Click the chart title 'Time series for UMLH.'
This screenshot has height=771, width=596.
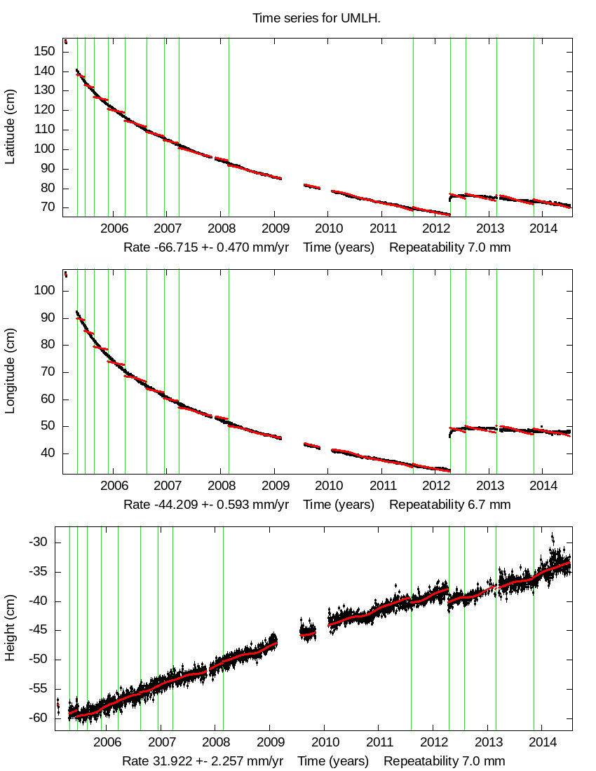(x=316, y=18)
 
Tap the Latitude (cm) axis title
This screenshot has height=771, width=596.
(x=11, y=127)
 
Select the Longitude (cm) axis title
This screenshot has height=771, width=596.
(x=11, y=371)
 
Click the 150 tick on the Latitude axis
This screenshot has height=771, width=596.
(x=46, y=52)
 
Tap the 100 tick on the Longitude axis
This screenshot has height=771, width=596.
(x=46, y=290)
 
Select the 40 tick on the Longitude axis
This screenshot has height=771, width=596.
(x=48, y=453)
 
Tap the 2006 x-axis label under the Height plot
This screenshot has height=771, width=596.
(x=107, y=742)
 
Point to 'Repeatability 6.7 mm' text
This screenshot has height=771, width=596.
(x=449, y=504)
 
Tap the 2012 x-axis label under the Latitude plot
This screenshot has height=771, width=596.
(x=437, y=228)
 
